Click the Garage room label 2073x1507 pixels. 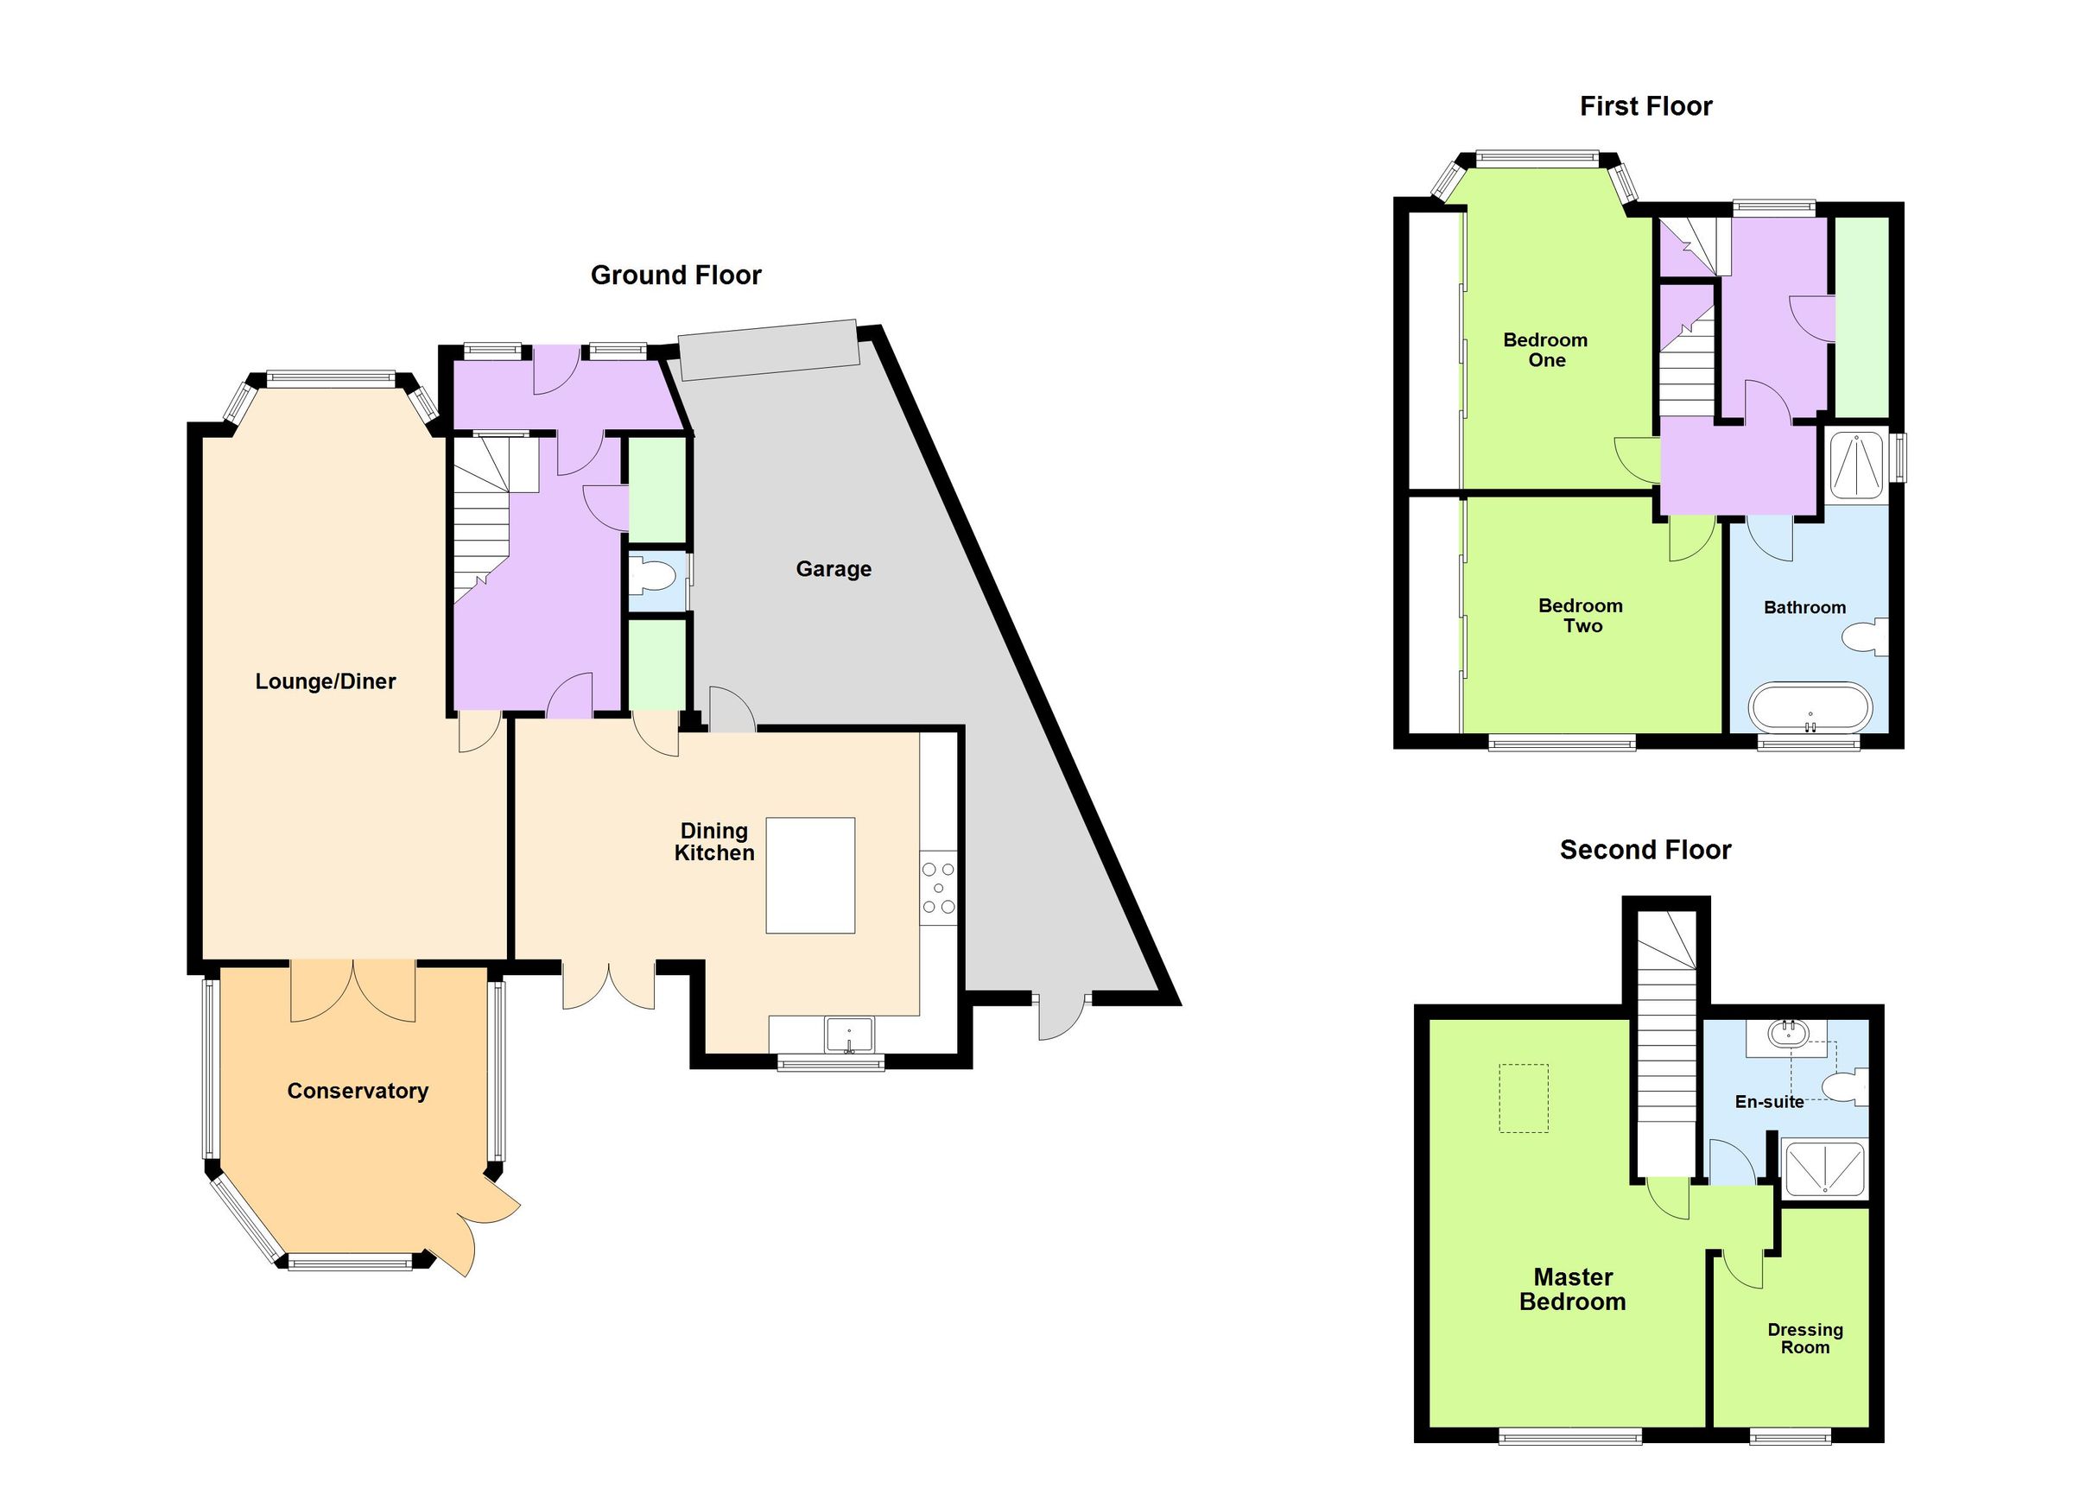click(833, 569)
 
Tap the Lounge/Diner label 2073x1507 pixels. click(326, 681)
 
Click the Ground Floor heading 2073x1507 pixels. click(675, 275)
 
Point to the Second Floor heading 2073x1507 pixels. click(1645, 850)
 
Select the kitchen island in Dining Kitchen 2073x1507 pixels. click(810, 875)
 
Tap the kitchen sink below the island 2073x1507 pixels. click(849, 1035)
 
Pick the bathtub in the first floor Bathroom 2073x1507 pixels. click(1810, 708)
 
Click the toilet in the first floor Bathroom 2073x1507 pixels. click(1864, 637)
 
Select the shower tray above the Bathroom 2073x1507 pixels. click(1856, 465)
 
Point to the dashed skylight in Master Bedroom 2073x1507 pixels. click(1524, 1099)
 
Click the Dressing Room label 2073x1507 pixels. click(1804, 1338)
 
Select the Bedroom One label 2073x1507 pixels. click(1545, 350)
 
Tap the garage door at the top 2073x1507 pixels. click(770, 349)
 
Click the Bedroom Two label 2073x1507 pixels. click(1582, 615)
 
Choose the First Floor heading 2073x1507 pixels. click(1645, 107)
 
